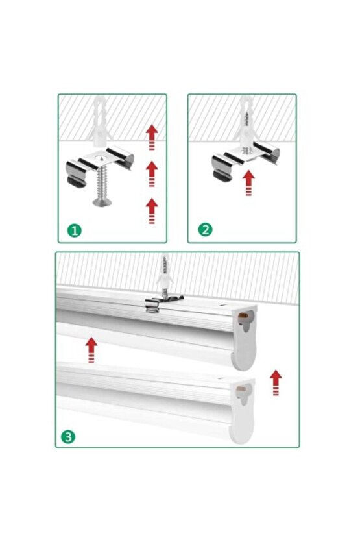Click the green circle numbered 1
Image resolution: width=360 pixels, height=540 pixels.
(x=75, y=230)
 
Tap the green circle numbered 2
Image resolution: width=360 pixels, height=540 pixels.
(x=204, y=228)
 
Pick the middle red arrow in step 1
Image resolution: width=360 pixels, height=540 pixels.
(x=152, y=173)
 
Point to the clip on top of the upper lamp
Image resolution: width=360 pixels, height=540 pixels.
(x=162, y=301)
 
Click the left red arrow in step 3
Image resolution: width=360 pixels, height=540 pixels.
(x=91, y=349)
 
